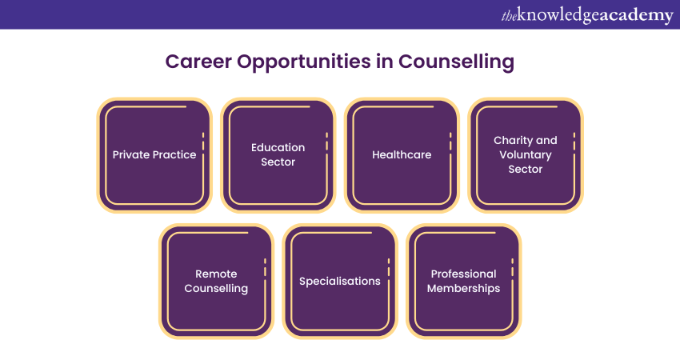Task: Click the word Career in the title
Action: click(x=198, y=61)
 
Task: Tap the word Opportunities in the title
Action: click(x=303, y=62)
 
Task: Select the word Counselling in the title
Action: click(x=456, y=62)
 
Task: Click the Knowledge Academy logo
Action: click(x=587, y=15)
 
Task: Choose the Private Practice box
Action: click(x=154, y=155)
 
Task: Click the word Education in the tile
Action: click(x=278, y=147)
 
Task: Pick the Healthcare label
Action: click(x=402, y=155)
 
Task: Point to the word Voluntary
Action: click(x=526, y=155)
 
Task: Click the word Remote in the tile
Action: click(x=216, y=274)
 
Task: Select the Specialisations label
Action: click(x=340, y=282)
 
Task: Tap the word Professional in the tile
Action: click(x=463, y=274)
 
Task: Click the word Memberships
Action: click(x=463, y=289)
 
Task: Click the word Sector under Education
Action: click(x=278, y=162)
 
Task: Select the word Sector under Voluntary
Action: click(x=526, y=169)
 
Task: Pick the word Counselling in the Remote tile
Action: click(x=216, y=289)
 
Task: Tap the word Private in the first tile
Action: click(x=131, y=155)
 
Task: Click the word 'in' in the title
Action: click(x=385, y=61)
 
